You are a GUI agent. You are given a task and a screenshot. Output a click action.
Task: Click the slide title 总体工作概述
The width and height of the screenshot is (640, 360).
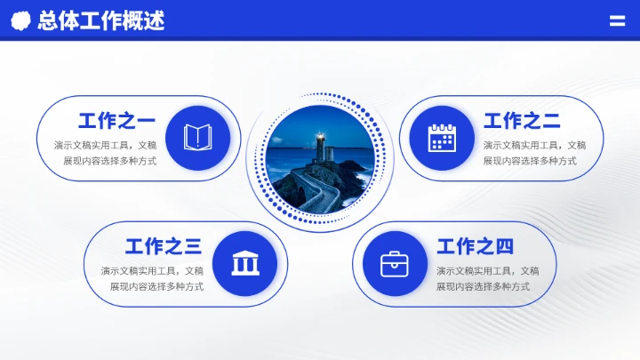tap(100, 20)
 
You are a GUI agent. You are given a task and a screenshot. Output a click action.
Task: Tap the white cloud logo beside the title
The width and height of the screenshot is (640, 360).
tap(20, 20)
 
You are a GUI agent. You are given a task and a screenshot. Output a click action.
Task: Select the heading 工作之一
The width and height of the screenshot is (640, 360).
tap(116, 121)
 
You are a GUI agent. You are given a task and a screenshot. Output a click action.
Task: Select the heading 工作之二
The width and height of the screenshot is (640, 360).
tap(522, 121)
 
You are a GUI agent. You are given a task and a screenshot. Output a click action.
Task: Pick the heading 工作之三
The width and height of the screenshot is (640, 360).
tap(164, 246)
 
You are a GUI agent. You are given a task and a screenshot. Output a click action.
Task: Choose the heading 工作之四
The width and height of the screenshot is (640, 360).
tap(475, 246)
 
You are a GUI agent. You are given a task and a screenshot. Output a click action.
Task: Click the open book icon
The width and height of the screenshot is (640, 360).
tap(197, 138)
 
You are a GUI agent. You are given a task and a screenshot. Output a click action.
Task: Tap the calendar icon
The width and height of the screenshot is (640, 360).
tap(442, 138)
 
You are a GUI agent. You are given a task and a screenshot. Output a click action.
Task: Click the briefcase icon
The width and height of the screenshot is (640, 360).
tap(395, 263)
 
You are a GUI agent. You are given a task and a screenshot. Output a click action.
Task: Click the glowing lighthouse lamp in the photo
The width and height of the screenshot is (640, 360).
tap(319, 138)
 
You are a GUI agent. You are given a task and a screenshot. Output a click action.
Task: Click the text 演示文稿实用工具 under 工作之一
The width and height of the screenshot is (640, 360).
tap(90, 145)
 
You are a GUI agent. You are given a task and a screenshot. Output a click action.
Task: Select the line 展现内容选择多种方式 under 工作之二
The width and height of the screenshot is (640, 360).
tap(530, 161)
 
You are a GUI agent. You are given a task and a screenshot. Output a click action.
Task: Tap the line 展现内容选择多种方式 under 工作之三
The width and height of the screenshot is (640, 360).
tap(156, 286)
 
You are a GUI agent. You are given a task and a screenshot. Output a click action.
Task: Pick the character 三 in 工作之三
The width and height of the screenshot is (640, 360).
tap(193, 246)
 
